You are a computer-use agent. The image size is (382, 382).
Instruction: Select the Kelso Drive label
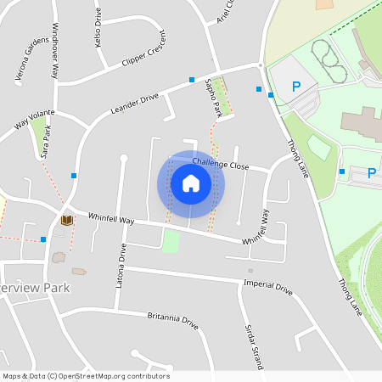(98, 26)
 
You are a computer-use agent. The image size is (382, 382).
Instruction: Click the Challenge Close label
(220, 165)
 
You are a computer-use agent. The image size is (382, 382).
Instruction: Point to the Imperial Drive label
(267, 286)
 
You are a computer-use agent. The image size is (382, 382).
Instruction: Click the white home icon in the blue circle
(191, 183)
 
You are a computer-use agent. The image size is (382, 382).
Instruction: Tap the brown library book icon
(66, 220)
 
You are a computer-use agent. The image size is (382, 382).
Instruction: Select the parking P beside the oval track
(296, 86)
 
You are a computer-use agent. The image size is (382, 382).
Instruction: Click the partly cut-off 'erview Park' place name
(35, 288)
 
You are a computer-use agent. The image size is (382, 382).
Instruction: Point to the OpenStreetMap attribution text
(86, 376)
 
